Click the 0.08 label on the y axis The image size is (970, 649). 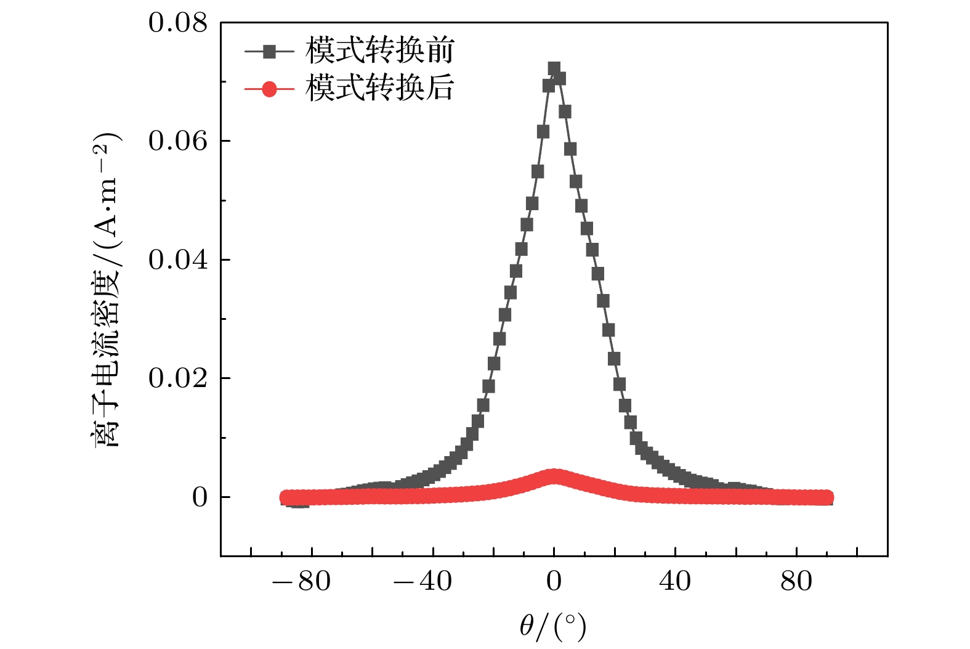click(177, 23)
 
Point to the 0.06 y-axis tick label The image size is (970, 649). click(177, 141)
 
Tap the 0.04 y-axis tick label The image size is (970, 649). click(177, 260)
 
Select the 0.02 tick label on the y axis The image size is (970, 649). click(177, 378)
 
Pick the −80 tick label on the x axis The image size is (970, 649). click(302, 581)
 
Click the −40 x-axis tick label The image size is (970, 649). click(423, 581)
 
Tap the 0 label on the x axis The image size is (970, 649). click(554, 581)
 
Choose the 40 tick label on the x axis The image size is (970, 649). click(675, 581)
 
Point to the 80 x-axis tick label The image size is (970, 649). click(796, 581)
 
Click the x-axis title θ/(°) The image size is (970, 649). click(552, 627)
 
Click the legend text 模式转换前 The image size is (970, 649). click(380, 51)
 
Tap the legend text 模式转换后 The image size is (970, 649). click(380, 88)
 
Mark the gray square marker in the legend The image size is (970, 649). click(269, 52)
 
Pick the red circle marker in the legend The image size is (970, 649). click(269, 89)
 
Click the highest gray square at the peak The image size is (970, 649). click(554, 68)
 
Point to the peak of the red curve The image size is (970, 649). click(554, 476)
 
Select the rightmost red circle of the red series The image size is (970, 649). click(827, 497)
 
